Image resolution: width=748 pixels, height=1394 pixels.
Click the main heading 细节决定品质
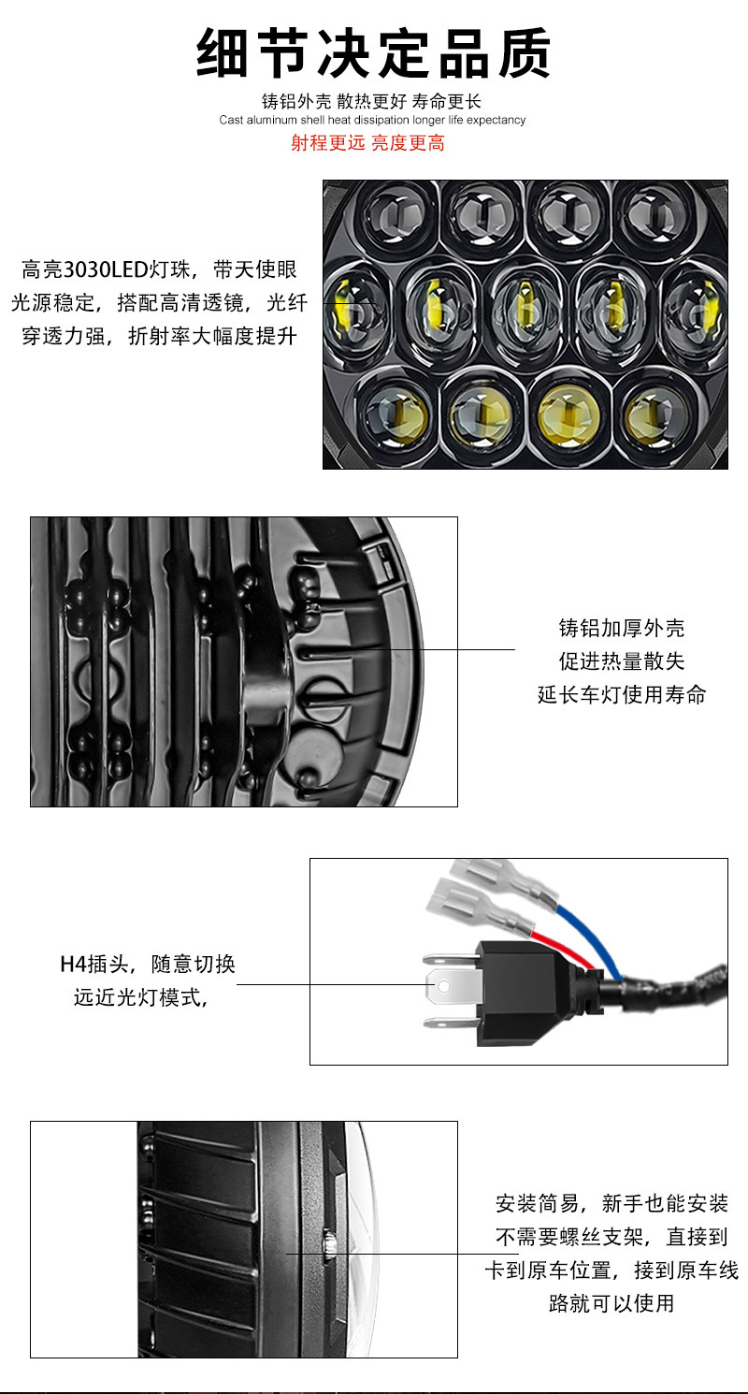[373, 54]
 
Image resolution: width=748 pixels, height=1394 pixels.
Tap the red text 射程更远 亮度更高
[367, 143]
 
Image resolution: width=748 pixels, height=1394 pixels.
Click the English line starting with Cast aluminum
[372, 120]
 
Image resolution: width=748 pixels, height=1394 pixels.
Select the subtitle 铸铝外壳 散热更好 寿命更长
[371, 102]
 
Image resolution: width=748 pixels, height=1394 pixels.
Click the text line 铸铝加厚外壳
[622, 628]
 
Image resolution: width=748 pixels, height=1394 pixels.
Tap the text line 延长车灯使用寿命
[622, 694]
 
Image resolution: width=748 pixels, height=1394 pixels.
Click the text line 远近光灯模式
[140, 997]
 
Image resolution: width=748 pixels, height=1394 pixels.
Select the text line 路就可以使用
[611, 1302]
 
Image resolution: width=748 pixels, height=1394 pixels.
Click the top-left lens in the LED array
[396, 215]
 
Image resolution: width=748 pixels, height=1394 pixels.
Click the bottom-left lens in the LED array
[396, 412]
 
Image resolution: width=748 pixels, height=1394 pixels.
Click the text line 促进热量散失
[622, 661]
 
